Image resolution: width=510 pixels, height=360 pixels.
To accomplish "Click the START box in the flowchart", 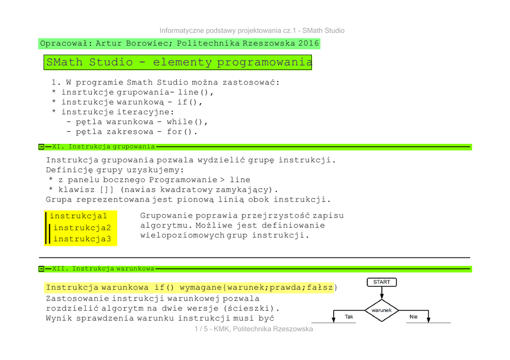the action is (x=382, y=282).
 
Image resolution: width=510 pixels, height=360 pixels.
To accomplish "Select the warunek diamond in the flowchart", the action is (x=382, y=310).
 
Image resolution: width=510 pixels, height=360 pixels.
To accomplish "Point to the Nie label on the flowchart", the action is (x=413, y=317).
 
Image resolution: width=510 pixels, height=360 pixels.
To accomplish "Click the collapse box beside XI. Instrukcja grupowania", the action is (x=41, y=147).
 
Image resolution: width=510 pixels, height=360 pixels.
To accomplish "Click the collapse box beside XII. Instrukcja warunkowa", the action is (x=41, y=269).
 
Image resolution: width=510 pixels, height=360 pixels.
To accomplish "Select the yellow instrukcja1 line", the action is (x=79, y=216).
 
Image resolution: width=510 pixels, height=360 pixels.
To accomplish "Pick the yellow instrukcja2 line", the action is (x=82, y=228).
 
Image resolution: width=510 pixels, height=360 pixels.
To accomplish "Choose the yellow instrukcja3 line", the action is (x=82, y=239).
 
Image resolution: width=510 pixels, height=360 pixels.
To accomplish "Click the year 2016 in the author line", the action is (x=309, y=43).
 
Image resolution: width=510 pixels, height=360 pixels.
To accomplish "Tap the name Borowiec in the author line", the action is (x=145, y=43).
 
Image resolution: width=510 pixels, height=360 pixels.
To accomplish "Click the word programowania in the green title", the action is (x=264, y=62).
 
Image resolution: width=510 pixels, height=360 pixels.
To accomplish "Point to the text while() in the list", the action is (x=186, y=122).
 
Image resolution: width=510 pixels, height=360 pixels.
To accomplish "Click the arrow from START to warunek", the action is (x=382, y=293).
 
